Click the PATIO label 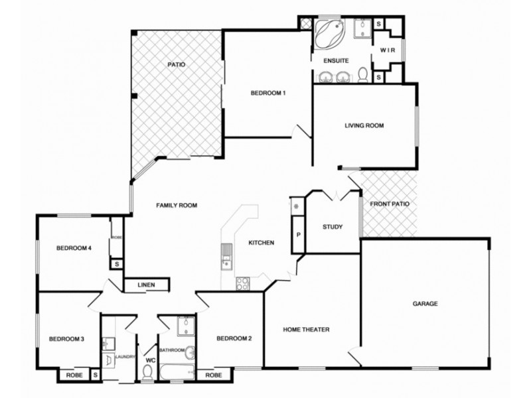pos(176,65)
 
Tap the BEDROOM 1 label pos(268,93)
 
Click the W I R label pos(388,50)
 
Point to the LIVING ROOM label pos(364,125)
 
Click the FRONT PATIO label pos(390,204)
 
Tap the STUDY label pos(332,228)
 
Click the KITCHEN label pos(262,243)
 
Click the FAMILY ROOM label pos(177,206)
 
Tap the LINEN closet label pos(147,286)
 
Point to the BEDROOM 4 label pos(73,249)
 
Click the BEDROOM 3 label pos(66,340)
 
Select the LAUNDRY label pos(125,357)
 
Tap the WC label pos(149,361)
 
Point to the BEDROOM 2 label pos(234,340)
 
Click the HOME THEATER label pos(306,330)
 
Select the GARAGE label pos(425,304)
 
